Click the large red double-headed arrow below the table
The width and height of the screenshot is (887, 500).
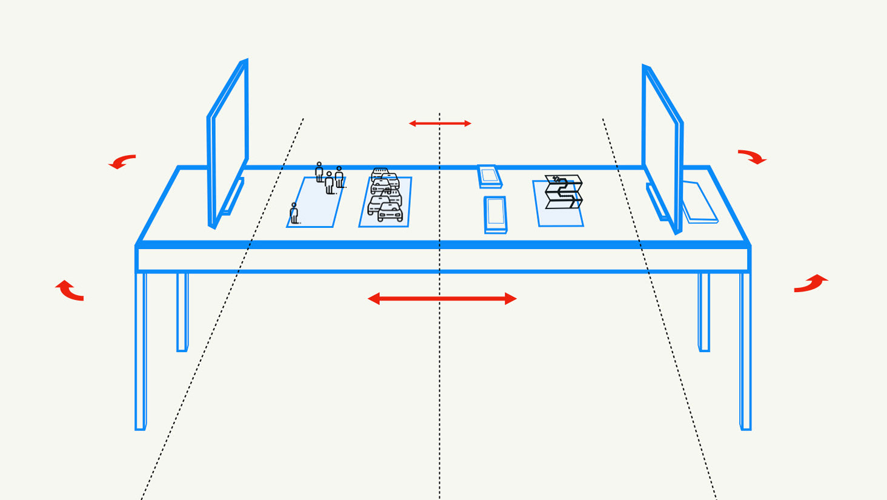point(442,298)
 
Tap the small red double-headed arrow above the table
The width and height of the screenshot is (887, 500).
point(440,124)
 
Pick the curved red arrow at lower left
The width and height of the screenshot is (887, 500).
point(70,291)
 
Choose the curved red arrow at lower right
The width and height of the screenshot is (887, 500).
point(811,283)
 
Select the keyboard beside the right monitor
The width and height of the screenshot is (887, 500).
point(700,202)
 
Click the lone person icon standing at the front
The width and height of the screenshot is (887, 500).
point(294,213)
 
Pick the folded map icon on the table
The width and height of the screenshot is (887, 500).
point(563,191)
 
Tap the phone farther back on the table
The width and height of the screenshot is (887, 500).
point(490,176)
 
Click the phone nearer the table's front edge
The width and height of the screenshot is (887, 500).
point(496,215)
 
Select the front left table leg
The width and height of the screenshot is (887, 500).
point(141,352)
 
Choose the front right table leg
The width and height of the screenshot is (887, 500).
point(745,352)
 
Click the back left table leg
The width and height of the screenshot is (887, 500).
point(182,312)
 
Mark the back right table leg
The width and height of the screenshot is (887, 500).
point(703,312)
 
